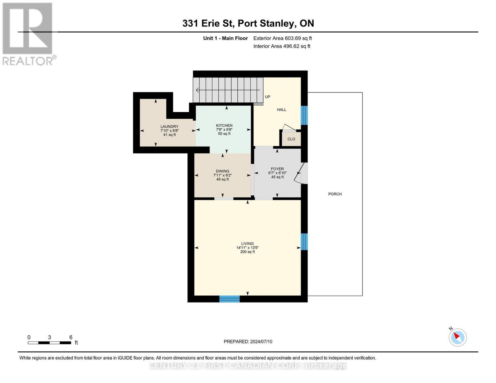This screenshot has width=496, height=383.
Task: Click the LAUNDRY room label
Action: [x=169, y=127]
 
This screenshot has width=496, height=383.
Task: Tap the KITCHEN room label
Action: [x=224, y=125]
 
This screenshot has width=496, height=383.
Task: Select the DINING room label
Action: [x=222, y=171]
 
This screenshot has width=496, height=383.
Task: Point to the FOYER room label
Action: [x=277, y=169]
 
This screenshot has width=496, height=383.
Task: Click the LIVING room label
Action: [x=247, y=244]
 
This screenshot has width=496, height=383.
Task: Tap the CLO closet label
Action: [x=291, y=139]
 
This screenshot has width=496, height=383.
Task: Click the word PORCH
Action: [x=335, y=194]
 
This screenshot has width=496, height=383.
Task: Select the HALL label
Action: [x=281, y=110]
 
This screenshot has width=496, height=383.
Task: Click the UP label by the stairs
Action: [x=268, y=97]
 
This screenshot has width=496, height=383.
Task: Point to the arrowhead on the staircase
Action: [x=197, y=90]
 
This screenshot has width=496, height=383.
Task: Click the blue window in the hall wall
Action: [x=304, y=115]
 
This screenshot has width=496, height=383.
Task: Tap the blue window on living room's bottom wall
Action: [x=229, y=299]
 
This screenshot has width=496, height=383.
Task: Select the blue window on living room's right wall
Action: [x=304, y=242]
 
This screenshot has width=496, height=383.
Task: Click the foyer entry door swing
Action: [x=301, y=174]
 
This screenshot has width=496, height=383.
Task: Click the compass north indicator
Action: [x=457, y=337]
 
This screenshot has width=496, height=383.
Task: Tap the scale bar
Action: [x=50, y=343]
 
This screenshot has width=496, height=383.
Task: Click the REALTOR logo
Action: [x=28, y=34]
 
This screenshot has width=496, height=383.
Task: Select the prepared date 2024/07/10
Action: [x=248, y=342]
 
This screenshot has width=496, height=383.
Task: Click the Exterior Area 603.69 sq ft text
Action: [x=282, y=38]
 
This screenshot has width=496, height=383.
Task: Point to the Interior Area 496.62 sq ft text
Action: [x=282, y=46]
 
